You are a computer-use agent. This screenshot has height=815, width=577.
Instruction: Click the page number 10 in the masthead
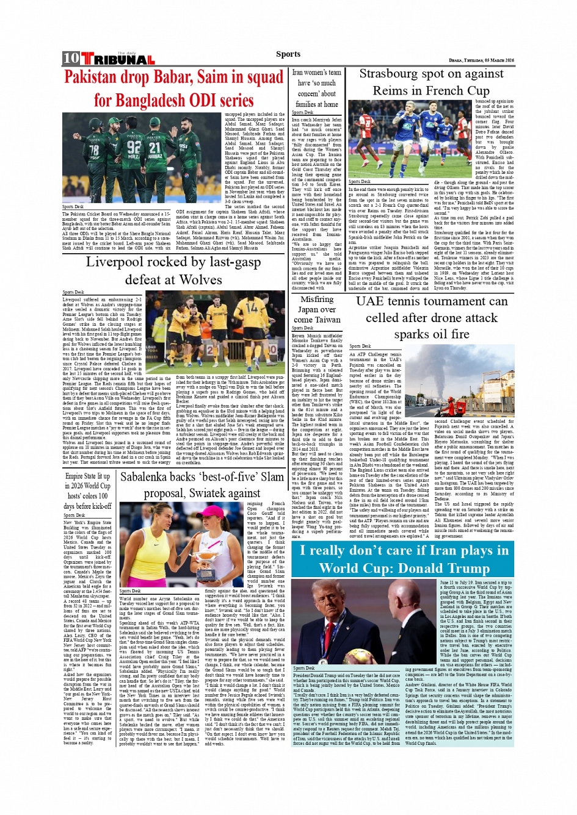pyautogui.click(x=71, y=59)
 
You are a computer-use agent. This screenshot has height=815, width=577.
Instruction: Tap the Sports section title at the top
pyautogui.click(x=288, y=54)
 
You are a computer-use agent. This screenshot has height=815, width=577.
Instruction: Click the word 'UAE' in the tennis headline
pyautogui.click(x=370, y=301)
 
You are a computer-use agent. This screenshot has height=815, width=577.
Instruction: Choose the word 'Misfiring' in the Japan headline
pyautogui.click(x=316, y=300)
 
